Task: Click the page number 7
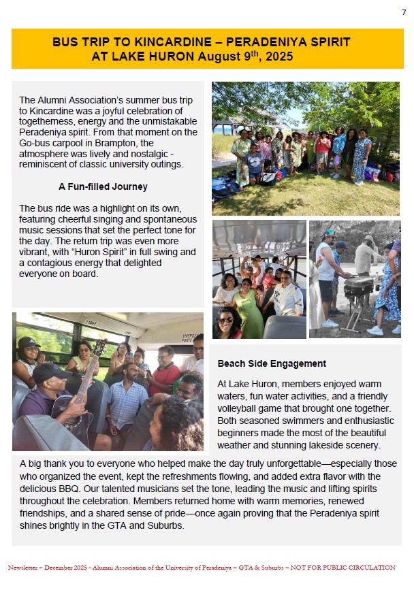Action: [x=403, y=12]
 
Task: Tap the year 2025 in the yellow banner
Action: [x=277, y=56]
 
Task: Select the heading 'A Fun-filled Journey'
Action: [x=103, y=186]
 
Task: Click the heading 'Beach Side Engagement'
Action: [x=272, y=363]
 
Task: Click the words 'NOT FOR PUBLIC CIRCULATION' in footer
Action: [x=340, y=568]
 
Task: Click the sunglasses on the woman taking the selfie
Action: [x=225, y=319]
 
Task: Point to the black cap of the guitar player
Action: [x=49, y=371]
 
